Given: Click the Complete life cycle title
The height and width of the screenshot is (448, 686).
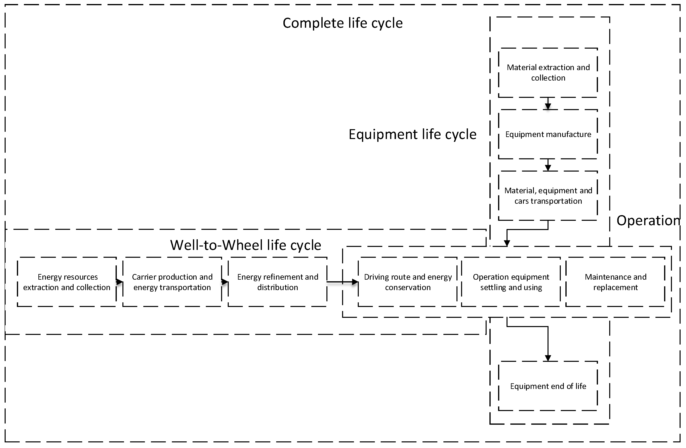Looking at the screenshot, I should (342, 23).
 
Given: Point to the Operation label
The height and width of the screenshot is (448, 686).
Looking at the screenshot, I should (648, 221).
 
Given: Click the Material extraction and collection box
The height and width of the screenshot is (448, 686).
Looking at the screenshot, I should (548, 73).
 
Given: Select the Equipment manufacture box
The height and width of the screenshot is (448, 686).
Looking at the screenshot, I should (548, 134).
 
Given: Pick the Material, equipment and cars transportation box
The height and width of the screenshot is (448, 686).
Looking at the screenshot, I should (548, 196).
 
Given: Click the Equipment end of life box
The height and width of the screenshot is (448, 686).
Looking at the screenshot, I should (548, 386).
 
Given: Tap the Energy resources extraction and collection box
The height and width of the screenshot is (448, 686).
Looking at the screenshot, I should (67, 282).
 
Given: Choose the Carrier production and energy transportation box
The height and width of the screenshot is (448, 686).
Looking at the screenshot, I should (172, 282).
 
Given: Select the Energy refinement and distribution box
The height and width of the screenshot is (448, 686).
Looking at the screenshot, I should (278, 282).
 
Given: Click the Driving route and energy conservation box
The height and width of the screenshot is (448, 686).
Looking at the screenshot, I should (408, 282).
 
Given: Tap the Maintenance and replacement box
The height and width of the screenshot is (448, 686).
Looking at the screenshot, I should (615, 282).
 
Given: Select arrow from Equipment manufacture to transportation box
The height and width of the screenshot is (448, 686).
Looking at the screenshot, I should (548, 165).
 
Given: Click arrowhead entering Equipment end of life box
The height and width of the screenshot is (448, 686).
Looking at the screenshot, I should (548, 358).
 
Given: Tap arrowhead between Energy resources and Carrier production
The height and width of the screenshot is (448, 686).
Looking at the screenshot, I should (119, 282).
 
